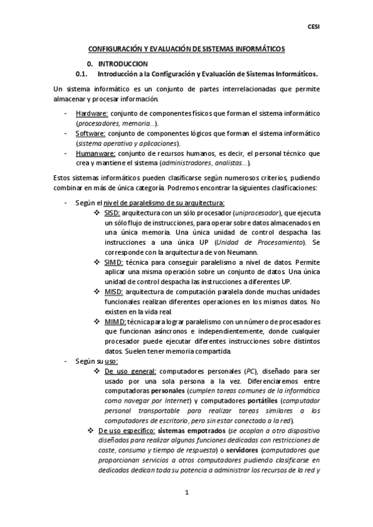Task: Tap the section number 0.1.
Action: pos(81,73)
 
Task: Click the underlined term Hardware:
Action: pos(92,114)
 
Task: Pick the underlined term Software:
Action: pos(91,134)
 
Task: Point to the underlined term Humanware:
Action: pos(95,154)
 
